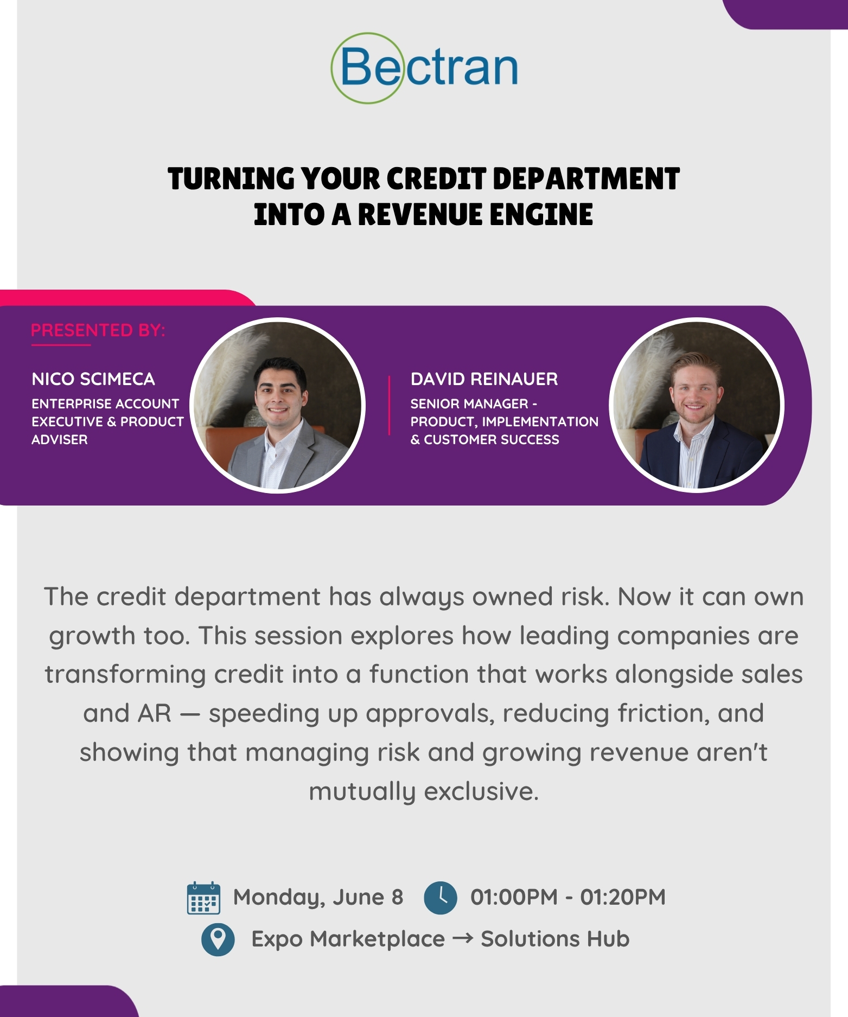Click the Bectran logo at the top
click(424, 68)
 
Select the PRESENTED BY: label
click(98, 330)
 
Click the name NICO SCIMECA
click(93, 379)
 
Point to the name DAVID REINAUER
click(484, 379)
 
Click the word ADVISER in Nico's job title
click(60, 439)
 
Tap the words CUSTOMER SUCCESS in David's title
click(492, 439)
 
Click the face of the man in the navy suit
click(694, 391)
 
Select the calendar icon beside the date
click(203, 898)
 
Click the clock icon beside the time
click(440, 898)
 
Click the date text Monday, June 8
click(318, 898)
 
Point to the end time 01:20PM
click(623, 897)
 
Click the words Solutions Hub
click(555, 939)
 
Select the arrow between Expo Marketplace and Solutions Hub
click(463, 939)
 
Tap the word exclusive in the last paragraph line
click(481, 791)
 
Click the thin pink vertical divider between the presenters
click(389, 405)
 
